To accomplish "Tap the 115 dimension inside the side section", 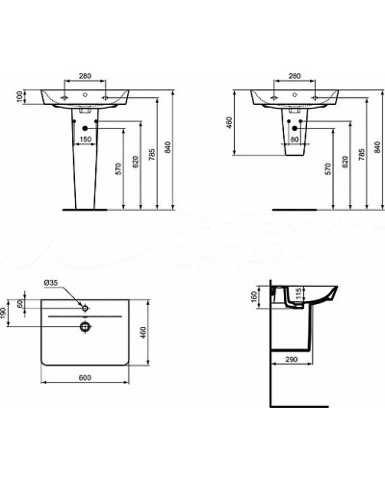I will tap(300, 293).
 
